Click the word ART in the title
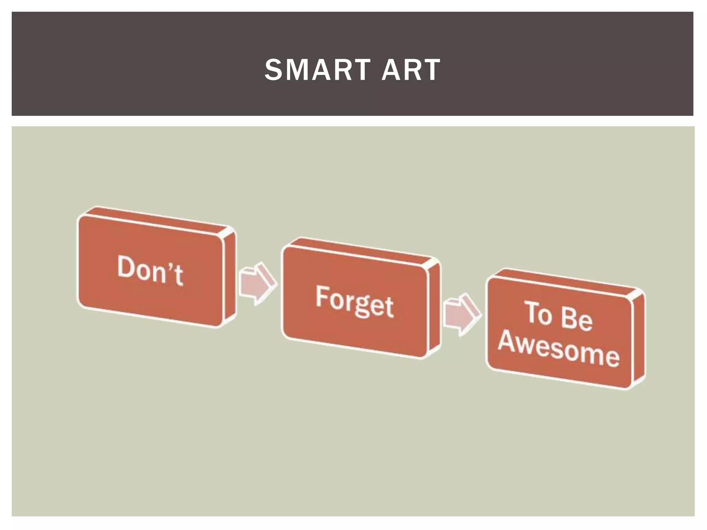[411, 70]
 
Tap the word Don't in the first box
[150, 271]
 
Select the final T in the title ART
[432, 70]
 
